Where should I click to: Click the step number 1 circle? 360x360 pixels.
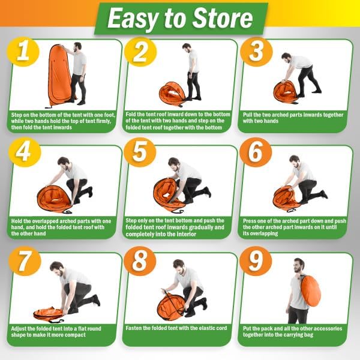tap(23, 52)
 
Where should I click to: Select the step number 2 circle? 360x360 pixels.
tap(140, 52)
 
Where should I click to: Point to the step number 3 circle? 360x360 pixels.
tap(256, 52)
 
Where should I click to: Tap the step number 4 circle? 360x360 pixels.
tap(25, 152)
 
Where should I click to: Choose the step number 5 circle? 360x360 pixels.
tap(140, 152)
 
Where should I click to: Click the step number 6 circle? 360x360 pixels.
tap(256, 152)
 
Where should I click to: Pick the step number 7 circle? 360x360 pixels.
tap(25, 261)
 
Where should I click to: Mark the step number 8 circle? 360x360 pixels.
tap(140, 261)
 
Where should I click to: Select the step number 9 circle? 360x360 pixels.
tap(256, 261)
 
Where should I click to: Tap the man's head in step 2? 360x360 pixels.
tap(187, 48)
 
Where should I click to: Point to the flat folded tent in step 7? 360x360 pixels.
tap(49, 314)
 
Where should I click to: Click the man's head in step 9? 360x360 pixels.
tap(299, 265)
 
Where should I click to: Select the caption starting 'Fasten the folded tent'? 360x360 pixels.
tap(176, 328)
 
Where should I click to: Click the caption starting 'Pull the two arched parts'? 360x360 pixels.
tap(293, 118)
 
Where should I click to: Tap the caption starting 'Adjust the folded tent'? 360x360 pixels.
tap(56, 332)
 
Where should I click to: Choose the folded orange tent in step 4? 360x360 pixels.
tap(54, 199)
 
